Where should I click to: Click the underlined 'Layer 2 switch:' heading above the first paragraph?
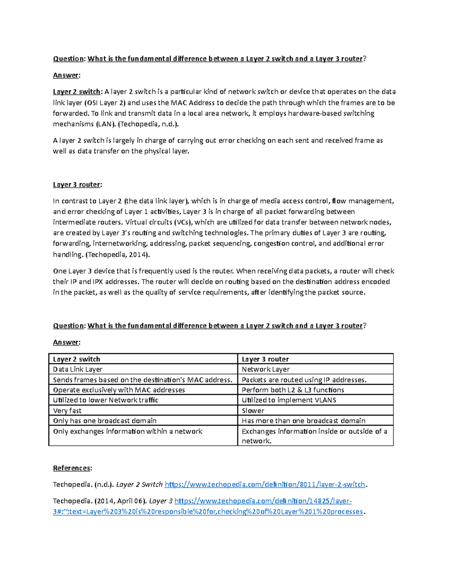77,92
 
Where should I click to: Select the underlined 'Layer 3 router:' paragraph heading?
77,185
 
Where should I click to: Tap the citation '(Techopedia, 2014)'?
118,255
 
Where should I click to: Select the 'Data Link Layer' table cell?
78,369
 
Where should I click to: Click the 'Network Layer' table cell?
266,369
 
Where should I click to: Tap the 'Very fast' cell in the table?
67,411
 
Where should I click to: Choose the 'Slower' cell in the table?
253,411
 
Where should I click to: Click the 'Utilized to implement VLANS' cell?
289,400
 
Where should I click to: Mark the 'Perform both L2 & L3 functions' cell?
293,390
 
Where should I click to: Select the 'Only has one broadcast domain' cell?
105,421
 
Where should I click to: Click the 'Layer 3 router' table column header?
265,359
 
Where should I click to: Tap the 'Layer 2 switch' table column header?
77,359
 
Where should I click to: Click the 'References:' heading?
72,468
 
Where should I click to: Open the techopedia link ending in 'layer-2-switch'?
265,485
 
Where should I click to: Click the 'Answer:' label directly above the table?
67,342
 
